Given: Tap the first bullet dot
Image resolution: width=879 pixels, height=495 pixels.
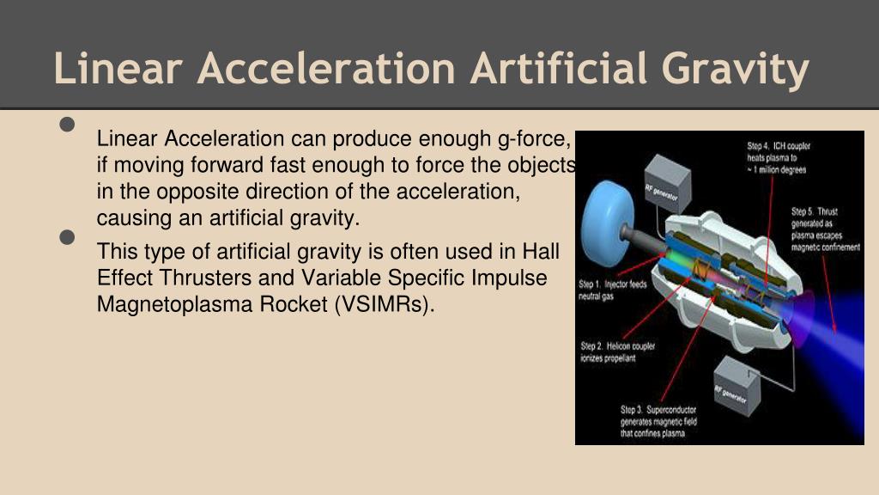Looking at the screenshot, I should (69, 125).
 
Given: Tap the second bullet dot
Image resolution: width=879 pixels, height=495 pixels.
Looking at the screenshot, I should (69, 238).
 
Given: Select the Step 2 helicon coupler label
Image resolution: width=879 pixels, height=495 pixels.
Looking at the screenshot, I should (618, 351).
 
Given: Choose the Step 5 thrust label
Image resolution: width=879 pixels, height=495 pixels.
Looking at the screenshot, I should (824, 229).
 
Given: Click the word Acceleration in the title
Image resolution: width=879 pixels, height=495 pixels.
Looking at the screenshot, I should (325, 69).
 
